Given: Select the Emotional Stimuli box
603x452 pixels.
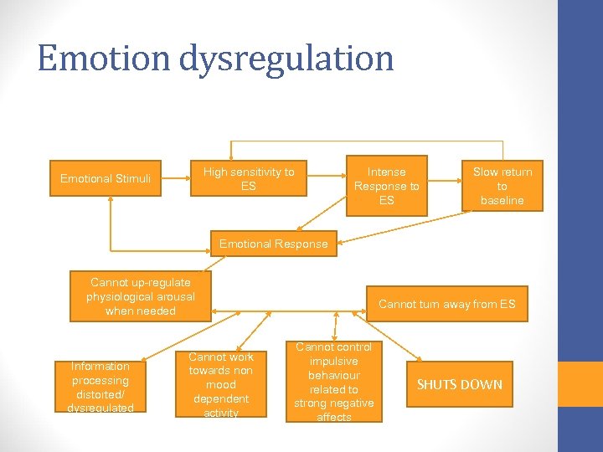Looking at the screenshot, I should (x=106, y=178).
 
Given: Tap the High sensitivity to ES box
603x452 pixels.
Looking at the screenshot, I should (x=249, y=178).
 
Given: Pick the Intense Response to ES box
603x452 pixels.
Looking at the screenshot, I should (x=386, y=186).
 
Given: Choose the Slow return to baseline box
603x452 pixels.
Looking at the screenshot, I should (x=502, y=186).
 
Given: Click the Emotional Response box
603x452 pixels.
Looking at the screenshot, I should (x=274, y=244).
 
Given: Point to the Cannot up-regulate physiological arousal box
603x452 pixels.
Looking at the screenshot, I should (x=141, y=296).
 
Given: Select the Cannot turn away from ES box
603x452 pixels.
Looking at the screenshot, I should (x=447, y=304).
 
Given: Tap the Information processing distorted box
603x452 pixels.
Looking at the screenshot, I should (x=100, y=387).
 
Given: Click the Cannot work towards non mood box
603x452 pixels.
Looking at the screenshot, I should (x=220, y=385).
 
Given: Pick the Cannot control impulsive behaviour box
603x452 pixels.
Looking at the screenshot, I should (x=334, y=382).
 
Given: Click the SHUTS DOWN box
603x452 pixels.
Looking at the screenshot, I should (x=460, y=384).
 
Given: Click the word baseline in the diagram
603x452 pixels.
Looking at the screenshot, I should (x=502, y=200).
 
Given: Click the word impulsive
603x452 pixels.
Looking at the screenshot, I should (x=334, y=361).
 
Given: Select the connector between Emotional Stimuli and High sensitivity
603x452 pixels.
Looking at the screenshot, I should (x=175, y=178).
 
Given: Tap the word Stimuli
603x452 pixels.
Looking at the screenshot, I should (x=133, y=178).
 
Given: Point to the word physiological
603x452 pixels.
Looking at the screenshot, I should (x=141, y=296).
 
